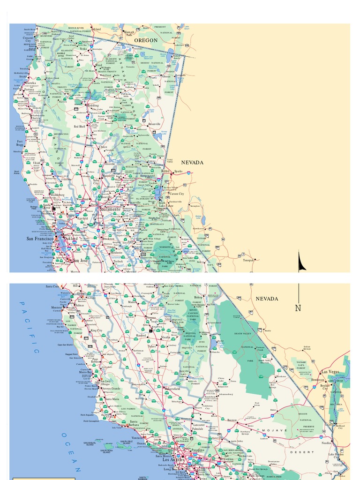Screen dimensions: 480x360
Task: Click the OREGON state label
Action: [x=146, y=40]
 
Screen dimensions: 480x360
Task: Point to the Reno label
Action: [x=165, y=171]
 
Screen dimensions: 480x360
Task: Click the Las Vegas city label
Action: [x=330, y=372]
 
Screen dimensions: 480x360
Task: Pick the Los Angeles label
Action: [x=172, y=459]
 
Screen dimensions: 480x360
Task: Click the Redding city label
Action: [x=93, y=105]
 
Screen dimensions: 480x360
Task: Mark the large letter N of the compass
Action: [x=298, y=308]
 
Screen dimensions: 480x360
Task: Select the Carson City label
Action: [x=177, y=194]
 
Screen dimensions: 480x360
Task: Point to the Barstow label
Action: [x=232, y=420]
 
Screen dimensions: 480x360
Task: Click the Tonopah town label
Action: [x=248, y=260]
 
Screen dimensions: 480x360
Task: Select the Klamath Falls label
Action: [x=129, y=33]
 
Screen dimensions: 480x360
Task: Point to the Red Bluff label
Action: [x=79, y=127]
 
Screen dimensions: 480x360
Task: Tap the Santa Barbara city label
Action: [x=134, y=423]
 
